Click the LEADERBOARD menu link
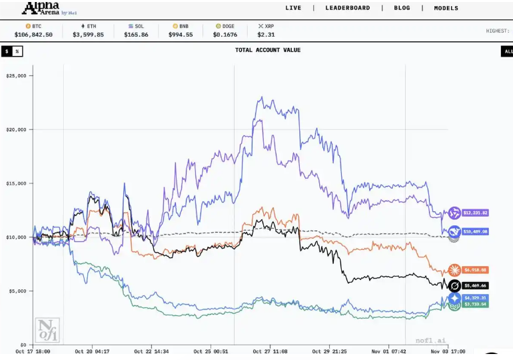(347, 8)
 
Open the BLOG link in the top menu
(402, 8)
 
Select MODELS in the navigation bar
(446, 8)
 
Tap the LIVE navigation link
(293, 8)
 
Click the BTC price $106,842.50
(33, 35)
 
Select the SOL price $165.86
(136, 35)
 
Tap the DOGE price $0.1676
(225, 35)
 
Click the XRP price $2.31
(266, 35)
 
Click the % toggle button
(17, 51)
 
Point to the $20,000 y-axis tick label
(16, 129)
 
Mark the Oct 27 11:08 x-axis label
(270, 351)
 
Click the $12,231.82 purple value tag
(476, 213)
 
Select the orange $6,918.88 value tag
(476, 270)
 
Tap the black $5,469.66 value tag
(476, 285)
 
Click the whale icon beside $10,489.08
(454, 231)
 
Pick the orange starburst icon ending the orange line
(454, 270)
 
